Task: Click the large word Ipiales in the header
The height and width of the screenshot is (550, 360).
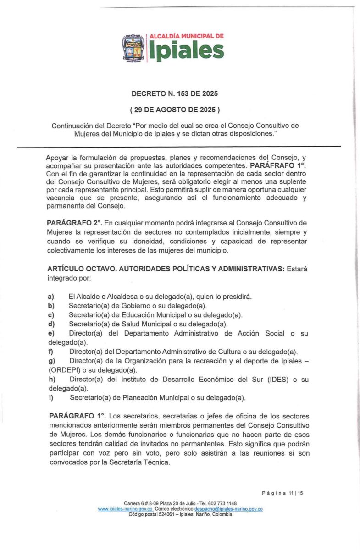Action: pyautogui.click(x=186, y=51)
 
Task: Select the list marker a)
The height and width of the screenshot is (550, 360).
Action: pyautogui.click(x=51, y=297)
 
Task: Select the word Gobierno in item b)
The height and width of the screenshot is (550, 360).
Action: pyautogui.click(x=133, y=306)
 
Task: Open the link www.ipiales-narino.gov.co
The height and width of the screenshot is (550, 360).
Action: pyautogui.click(x=125, y=509)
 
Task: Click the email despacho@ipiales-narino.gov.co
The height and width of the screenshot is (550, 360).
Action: pyautogui.click(x=228, y=509)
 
